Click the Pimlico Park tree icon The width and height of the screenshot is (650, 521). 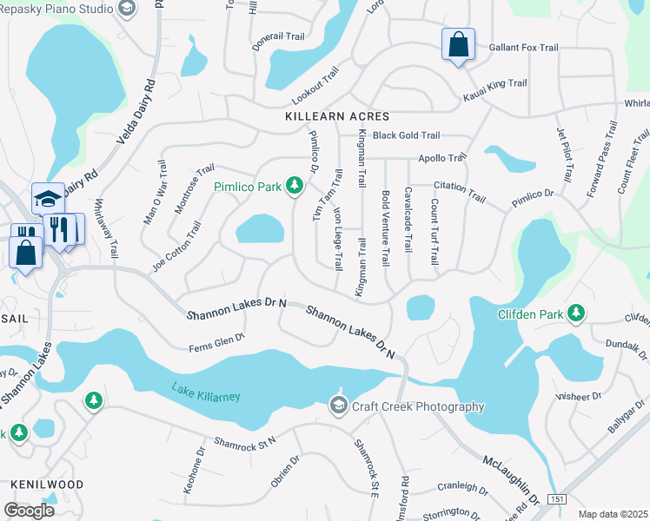coord(295,185)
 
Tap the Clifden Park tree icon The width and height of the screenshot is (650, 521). coord(574,313)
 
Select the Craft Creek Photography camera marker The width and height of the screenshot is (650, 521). coord(338,406)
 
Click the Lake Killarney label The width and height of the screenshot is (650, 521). coord(205,392)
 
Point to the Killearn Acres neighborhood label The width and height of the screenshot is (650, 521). coord(337,115)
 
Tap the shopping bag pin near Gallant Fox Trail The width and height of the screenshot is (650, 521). coord(457,45)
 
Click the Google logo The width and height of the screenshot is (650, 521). coord(28,510)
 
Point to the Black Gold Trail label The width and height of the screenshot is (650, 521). coord(406,135)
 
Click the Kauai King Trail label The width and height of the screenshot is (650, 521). coord(495,84)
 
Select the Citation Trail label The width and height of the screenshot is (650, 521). coord(460,193)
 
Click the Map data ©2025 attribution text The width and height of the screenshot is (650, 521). coord(612,514)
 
